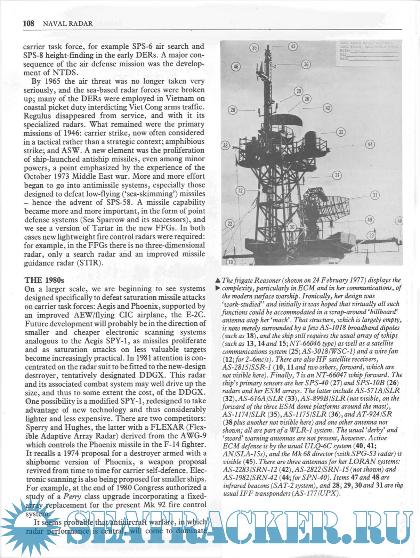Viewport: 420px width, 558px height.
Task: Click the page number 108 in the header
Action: coord(29,24)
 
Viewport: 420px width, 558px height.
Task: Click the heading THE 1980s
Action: coord(44,280)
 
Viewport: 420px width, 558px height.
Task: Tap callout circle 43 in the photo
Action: coord(293,46)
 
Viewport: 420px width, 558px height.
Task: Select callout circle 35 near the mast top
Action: coord(255,48)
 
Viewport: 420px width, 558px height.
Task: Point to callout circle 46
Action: coord(236,66)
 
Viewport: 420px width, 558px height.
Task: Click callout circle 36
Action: coord(306,64)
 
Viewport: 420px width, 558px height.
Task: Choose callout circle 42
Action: coord(328,108)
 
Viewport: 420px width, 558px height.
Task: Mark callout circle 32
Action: coord(341,132)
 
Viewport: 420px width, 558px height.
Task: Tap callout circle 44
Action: coord(370,144)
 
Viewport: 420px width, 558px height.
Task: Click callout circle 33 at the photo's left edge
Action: coord(226,145)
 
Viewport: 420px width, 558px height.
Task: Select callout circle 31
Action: coord(337,175)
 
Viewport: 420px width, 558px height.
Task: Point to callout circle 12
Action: coord(241,190)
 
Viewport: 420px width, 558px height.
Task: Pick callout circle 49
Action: coord(370,220)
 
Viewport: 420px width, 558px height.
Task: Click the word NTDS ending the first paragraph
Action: coord(65,72)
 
